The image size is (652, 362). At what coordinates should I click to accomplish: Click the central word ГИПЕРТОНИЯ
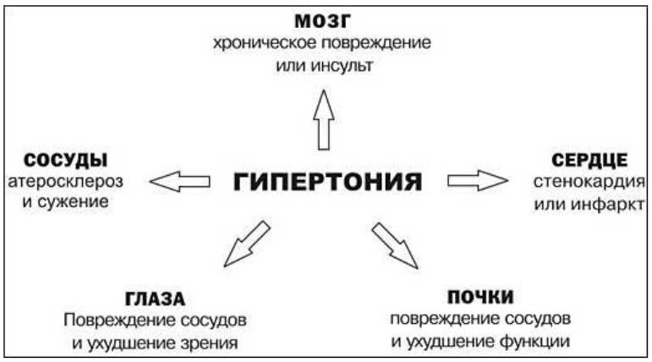point(327,182)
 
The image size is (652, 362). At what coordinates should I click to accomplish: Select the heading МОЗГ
point(323,21)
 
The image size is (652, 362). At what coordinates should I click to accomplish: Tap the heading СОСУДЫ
point(66,161)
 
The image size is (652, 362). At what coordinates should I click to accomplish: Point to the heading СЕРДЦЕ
point(589,161)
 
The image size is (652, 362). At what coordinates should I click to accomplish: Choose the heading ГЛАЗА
point(155,299)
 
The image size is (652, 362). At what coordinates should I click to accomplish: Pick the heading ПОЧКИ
point(480,297)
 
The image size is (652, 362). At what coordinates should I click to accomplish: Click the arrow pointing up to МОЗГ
point(324,120)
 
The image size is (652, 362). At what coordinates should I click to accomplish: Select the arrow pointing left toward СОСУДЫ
point(179,181)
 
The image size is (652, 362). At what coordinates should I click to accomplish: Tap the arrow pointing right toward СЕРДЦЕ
point(478,181)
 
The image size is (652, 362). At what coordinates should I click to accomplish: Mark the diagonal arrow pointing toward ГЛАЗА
point(247,244)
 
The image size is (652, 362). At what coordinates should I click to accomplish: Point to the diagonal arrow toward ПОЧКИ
point(395,245)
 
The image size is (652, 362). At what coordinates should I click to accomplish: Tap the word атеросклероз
point(66,182)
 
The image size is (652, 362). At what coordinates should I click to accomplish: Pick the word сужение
point(74,202)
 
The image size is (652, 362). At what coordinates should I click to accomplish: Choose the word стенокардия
point(589,182)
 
